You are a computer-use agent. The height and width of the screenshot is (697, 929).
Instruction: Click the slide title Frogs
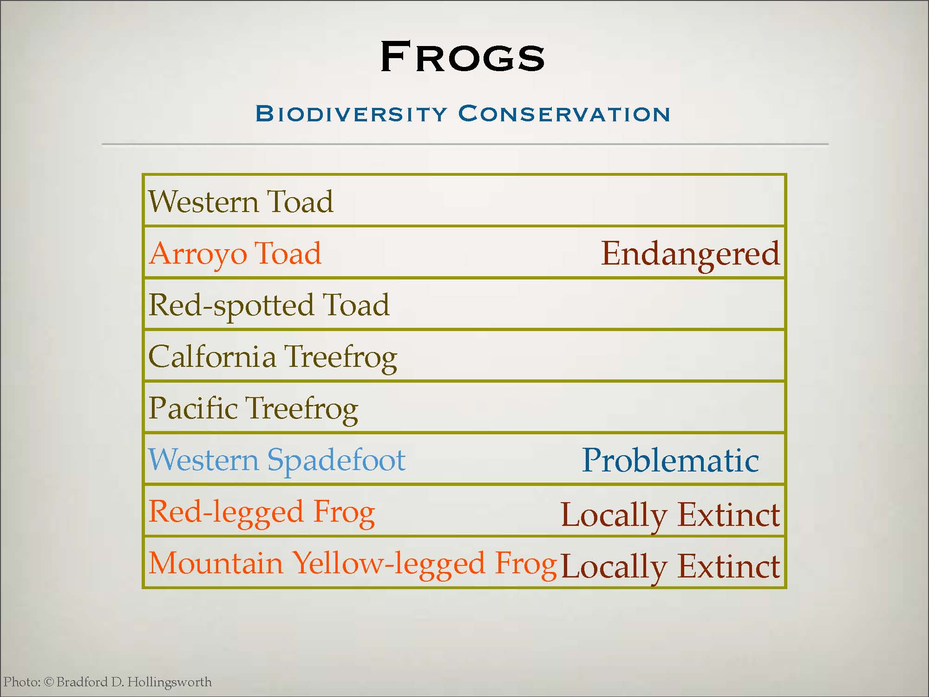tap(462, 56)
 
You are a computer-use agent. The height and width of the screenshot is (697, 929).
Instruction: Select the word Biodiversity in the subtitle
tap(351, 114)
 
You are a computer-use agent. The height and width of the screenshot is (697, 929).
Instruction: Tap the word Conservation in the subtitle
tap(564, 114)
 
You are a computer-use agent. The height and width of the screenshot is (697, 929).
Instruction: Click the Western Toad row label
tap(241, 202)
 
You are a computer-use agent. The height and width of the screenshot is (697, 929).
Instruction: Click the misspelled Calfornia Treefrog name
tap(273, 358)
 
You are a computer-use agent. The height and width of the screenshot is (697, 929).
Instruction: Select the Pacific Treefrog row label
tap(253, 409)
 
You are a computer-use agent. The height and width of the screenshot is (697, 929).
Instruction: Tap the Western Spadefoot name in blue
tap(277, 461)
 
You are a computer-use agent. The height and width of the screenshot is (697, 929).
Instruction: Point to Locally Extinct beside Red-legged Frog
tap(670, 516)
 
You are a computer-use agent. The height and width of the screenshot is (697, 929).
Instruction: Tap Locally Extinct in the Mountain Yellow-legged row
tap(670, 567)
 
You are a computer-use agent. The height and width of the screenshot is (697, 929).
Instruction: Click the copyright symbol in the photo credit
tap(49, 682)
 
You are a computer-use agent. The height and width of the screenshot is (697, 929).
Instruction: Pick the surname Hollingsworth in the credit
tap(169, 683)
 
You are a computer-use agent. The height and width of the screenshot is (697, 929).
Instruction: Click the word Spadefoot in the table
tap(336, 461)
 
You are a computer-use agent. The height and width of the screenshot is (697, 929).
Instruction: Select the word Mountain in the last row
tap(216, 563)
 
